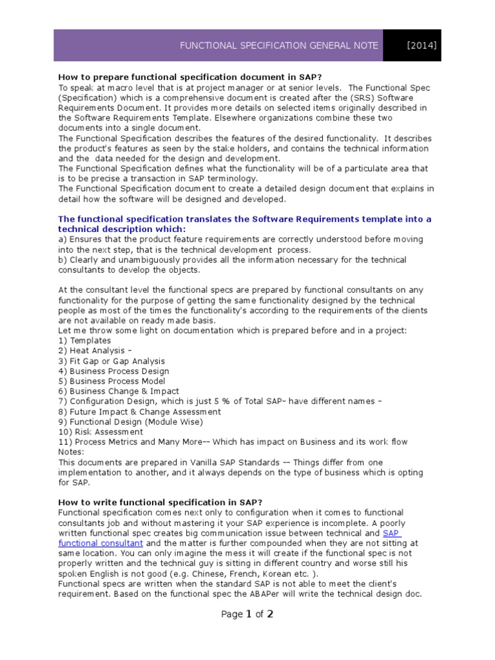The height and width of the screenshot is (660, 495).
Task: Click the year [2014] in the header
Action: click(422, 46)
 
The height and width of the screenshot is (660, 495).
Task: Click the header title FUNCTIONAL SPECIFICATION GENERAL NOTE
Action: click(279, 46)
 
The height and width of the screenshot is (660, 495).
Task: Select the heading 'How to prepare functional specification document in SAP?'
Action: click(172, 77)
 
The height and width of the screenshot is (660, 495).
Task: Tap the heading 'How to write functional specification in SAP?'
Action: click(160, 502)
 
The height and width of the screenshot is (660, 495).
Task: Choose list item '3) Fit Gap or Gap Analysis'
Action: click(112, 361)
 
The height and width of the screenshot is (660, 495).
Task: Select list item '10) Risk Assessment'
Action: click(101, 432)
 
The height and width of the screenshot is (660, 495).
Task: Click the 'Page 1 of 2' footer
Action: click(247, 614)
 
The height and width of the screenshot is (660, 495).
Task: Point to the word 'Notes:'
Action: click(72, 452)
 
